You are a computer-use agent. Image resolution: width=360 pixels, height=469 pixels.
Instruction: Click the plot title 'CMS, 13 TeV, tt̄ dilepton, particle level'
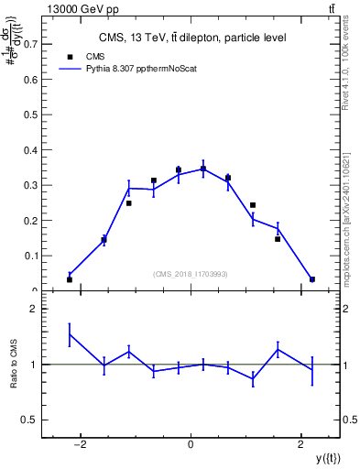(192, 38)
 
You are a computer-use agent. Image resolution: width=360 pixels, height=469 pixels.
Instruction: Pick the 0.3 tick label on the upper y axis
(27, 185)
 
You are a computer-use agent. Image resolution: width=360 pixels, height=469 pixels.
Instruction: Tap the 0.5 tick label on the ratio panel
(27, 420)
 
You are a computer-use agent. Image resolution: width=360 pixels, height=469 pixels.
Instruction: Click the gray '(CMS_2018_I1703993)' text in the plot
(190, 274)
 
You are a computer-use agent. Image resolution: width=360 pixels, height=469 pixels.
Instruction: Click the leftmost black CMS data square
(70, 279)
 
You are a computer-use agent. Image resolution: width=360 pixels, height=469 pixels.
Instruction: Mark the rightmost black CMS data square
(312, 279)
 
